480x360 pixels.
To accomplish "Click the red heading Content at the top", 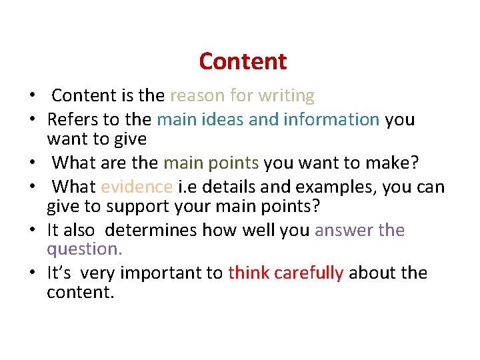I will point(243,61).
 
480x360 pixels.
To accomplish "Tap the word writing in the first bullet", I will point(286,96).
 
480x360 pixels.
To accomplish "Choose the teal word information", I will point(331,120).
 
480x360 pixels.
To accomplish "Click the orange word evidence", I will point(137,187).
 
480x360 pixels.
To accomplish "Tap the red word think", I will point(249,273).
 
